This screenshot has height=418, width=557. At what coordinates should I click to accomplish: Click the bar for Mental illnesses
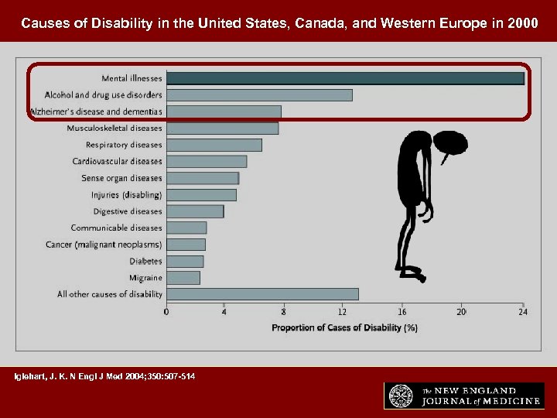click(345, 78)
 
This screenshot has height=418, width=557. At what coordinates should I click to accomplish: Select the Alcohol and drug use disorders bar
click(259, 95)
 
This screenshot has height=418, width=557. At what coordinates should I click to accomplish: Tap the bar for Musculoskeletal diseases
click(223, 128)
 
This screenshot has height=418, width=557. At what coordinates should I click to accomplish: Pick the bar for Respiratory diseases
click(214, 145)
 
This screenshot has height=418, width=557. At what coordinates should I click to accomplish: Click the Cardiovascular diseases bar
click(207, 162)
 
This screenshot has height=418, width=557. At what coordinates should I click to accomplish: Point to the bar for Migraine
click(183, 278)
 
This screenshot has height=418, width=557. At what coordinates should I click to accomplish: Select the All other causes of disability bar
click(262, 294)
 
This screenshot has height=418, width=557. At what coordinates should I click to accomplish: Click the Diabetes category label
click(145, 262)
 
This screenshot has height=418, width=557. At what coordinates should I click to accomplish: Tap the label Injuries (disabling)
click(126, 195)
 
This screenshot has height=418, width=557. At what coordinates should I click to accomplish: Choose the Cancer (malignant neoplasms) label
click(114, 245)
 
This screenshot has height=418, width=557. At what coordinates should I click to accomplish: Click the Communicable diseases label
click(117, 228)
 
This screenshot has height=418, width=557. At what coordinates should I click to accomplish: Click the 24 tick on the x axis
click(523, 313)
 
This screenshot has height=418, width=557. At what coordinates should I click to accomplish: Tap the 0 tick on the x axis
click(167, 313)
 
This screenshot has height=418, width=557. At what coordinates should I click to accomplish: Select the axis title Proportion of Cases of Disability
click(344, 328)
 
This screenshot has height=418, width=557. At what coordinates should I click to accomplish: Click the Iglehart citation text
click(104, 376)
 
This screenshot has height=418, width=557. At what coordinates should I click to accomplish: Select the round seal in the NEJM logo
click(401, 396)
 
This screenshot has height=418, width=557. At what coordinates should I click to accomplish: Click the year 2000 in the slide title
click(524, 23)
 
